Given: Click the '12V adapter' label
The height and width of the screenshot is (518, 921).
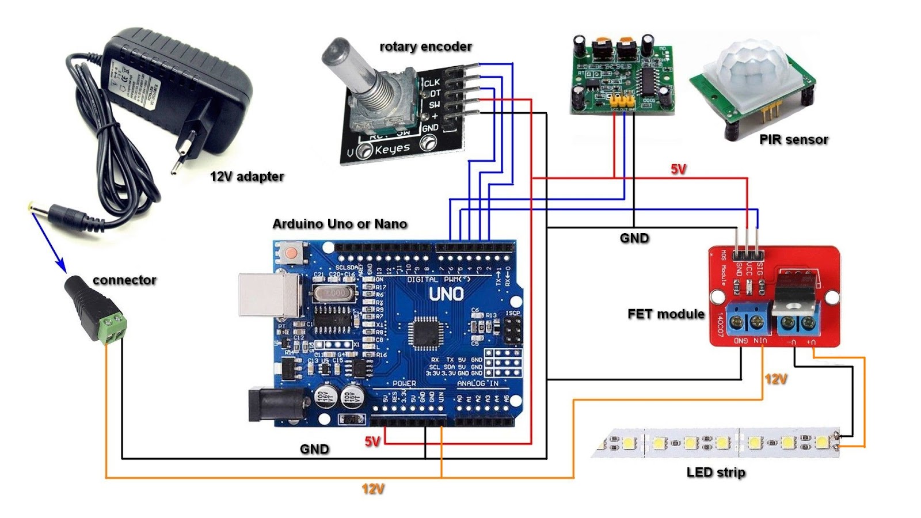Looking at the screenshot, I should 247,176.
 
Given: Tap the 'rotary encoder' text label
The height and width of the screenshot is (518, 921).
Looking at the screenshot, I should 425,46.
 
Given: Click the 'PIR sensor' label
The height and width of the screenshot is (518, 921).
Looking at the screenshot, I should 794,139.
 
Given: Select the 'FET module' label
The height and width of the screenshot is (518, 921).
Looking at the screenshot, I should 666,314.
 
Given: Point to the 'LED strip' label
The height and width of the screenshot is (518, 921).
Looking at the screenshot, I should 716,473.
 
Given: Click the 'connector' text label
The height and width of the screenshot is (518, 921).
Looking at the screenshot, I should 124,280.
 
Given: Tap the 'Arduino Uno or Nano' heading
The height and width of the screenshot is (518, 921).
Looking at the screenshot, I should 340,224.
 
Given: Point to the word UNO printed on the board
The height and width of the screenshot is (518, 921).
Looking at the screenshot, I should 446,294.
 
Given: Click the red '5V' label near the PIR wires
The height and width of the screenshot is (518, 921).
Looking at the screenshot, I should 678,169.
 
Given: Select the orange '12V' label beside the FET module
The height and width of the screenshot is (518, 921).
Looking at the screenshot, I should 776,379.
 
